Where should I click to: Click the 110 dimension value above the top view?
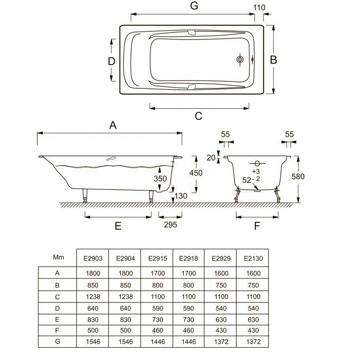tap(259, 8)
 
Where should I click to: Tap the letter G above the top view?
tap(194, 6)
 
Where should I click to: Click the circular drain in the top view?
tap(240, 59)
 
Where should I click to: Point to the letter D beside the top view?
tap(112, 61)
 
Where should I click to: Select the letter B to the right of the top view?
tap(273, 60)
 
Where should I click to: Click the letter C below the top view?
tap(198, 116)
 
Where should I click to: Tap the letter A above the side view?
tap(113, 125)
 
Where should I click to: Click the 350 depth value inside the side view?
tap(160, 179)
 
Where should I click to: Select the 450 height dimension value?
tap(196, 173)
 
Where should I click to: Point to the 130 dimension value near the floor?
tap(181, 196)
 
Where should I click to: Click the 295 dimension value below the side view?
tap(171, 225)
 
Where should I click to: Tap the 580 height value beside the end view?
tap(298, 176)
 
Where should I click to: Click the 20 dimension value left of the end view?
tap(211, 158)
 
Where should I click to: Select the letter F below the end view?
tap(257, 226)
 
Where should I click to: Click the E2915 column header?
tap(157, 258)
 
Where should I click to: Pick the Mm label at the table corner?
tap(58, 257)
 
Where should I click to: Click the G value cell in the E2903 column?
tap(93, 342)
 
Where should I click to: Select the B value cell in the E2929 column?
tap(221, 285)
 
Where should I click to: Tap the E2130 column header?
tap(253, 258)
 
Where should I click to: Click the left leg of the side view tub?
tap(85, 195)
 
